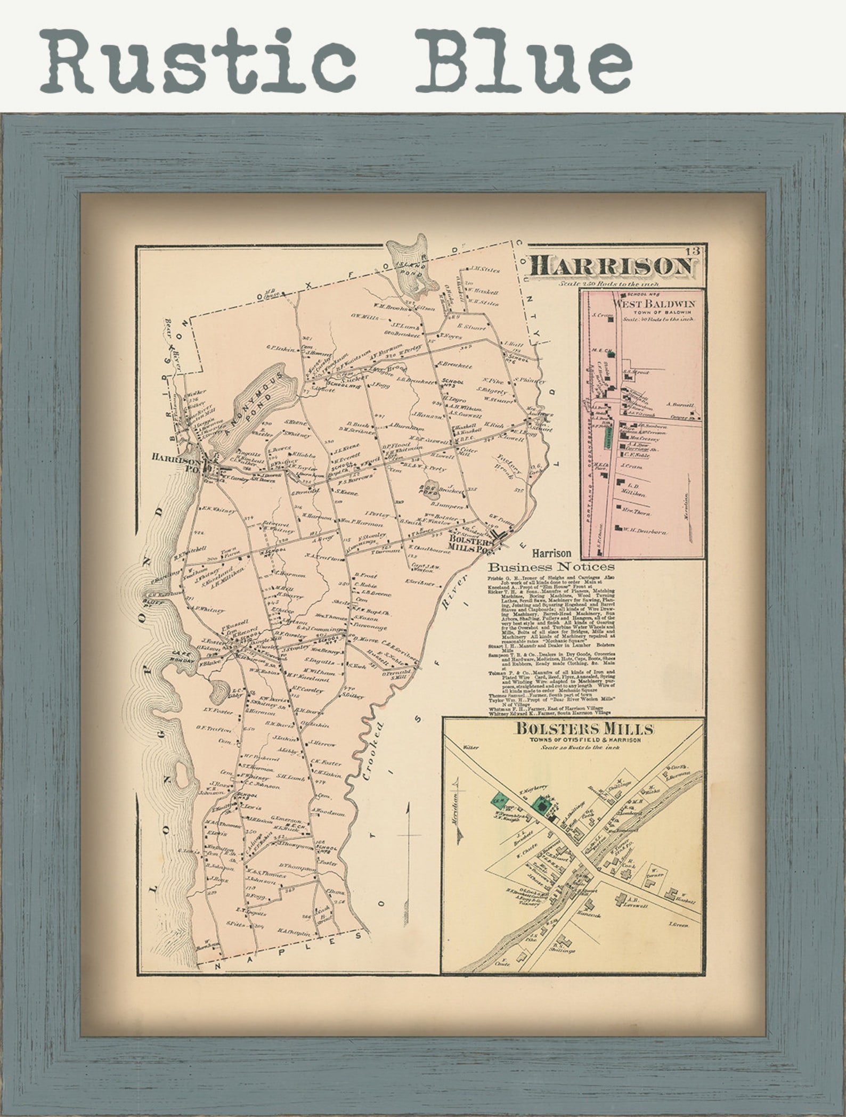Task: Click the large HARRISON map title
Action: (613, 266)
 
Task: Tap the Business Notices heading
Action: (551, 566)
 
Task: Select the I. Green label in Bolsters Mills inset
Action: (678, 925)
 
